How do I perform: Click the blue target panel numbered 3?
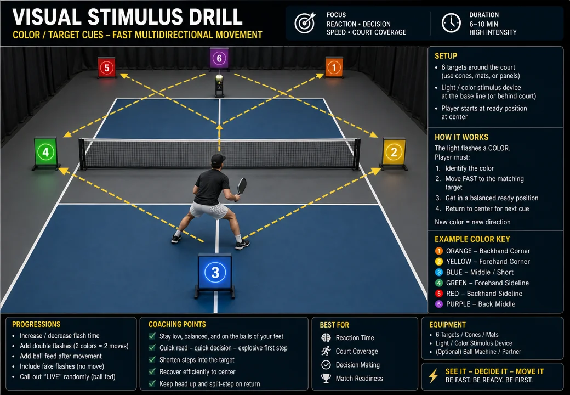pyautogui.click(x=215, y=272)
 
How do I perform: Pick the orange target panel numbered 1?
pyautogui.click(x=334, y=67)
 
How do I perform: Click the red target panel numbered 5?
pyautogui.click(x=106, y=67)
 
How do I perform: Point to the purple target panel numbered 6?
pyautogui.click(x=219, y=58)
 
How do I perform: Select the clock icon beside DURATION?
pyautogui.click(x=451, y=23)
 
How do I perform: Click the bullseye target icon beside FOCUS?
pyautogui.click(x=305, y=23)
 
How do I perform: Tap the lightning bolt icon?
pyautogui.click(x=434, y=376)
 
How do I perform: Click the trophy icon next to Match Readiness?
pyautogui.click(x=326, y=379)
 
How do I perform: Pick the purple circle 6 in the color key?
pyautogui.click(x=439, y=304)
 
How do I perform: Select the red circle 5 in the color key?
pyautogui.click(x=439, y=294)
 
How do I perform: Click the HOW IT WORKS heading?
pyautogui.click(x=461, y=137)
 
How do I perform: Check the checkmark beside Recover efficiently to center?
pyautogui.click(x=152, y=371)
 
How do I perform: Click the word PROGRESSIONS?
pyautogui.click(x=36, y=324)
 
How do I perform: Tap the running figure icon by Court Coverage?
pyautogui.click(x=326, y=351)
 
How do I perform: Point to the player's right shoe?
pyautogui.click(x=242, y=245)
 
